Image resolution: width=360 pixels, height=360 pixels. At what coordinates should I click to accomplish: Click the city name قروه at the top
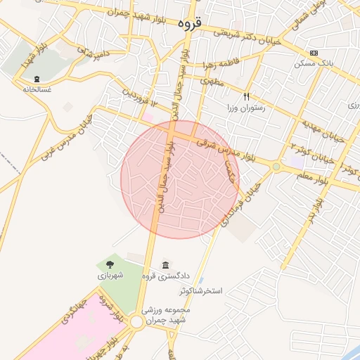tap(190, 23)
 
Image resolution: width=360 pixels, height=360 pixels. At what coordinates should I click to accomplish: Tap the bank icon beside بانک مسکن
tap(314, 53)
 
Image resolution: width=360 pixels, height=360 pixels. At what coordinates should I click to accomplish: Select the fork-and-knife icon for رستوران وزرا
tap(246, 96)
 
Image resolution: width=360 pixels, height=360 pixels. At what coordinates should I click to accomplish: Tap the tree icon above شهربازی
tap(110, 264)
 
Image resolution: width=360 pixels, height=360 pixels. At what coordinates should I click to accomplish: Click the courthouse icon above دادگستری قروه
tap(165, 264)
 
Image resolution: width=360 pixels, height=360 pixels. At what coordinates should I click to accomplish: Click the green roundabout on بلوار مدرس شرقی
tap(276, 167)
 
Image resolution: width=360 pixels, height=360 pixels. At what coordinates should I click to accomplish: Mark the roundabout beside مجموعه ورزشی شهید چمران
tap(136, 322)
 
